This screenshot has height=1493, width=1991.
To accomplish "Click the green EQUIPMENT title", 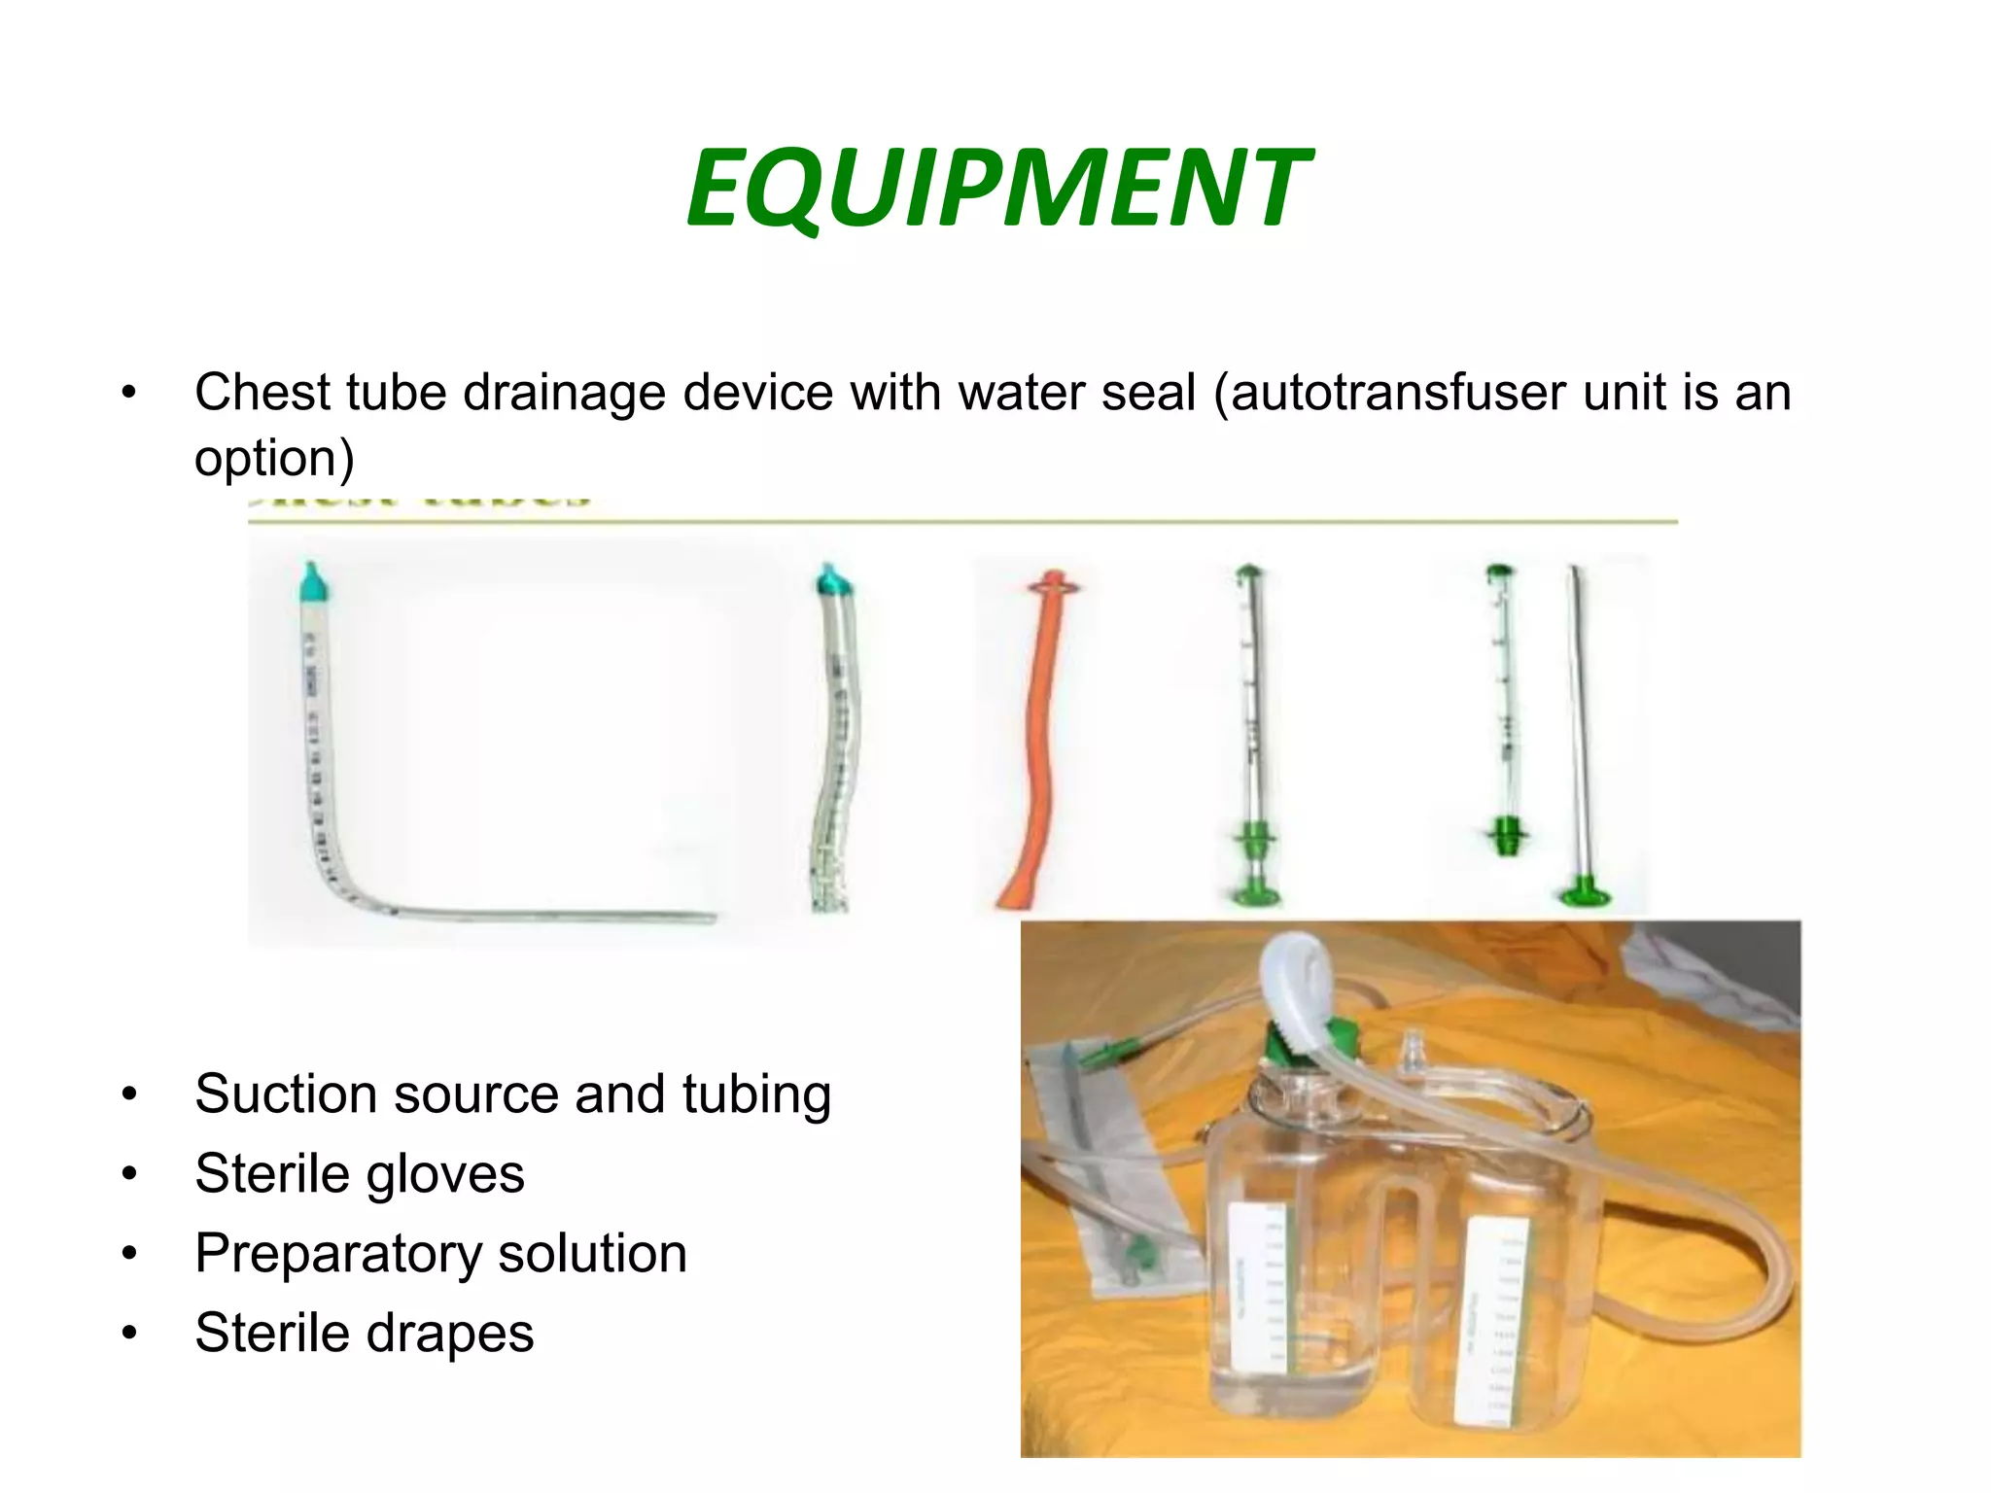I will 997,187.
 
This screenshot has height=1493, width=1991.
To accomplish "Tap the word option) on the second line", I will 274,457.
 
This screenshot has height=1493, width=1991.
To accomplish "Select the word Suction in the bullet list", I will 285,1094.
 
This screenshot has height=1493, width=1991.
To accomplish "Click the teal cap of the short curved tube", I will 832,580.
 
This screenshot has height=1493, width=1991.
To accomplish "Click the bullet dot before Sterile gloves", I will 129,1174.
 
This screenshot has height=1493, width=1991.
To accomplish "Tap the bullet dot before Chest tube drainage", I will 129,394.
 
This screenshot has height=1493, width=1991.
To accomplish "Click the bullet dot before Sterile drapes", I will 129,1334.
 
